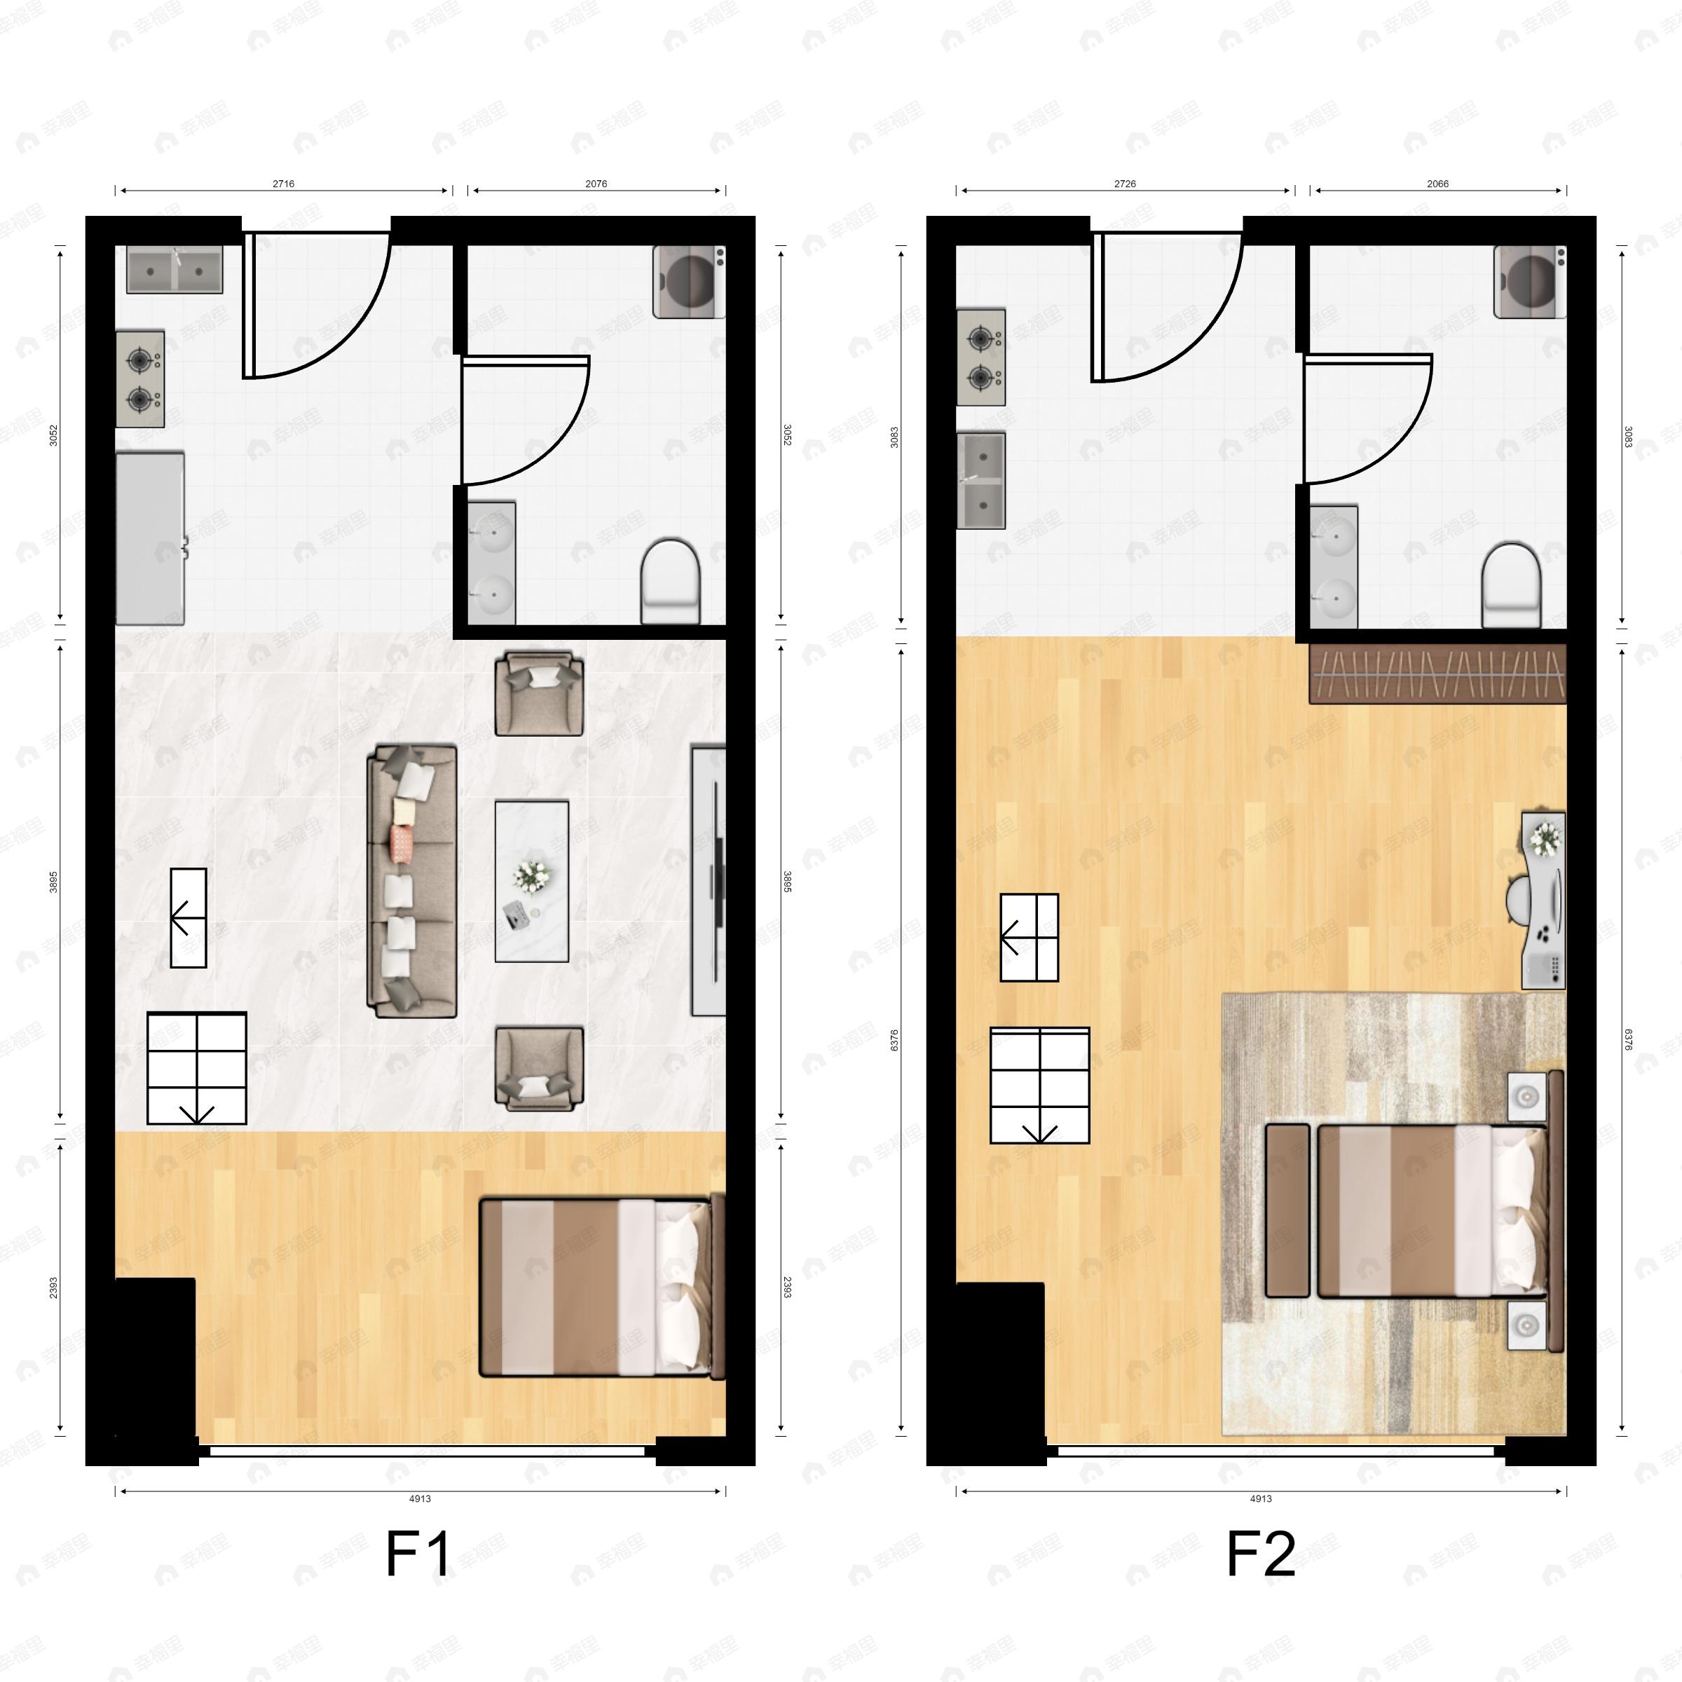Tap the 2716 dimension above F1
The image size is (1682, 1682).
point(283,184)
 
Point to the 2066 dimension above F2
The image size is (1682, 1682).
point(1437,184)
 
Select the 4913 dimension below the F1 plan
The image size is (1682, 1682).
point(420,1498)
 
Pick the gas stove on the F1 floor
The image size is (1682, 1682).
point(140,378)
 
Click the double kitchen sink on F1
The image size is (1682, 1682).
point(174,270)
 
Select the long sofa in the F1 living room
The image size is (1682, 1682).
point(413,880)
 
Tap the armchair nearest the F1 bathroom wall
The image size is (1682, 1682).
point(539,694)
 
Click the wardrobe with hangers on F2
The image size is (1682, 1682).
point(1437,673)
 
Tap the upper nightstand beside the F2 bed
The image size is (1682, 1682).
point(1526,1096)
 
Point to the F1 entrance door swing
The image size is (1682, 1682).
point(315,305)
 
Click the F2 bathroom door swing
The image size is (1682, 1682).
point(1367,418)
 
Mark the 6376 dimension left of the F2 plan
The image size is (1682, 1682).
point(894,1039)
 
